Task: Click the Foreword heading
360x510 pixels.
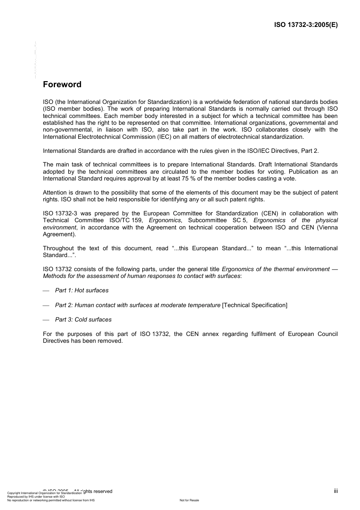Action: (x=62, y=85)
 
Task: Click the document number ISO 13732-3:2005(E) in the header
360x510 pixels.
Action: (x=306, y=25)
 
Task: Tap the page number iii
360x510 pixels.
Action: (x=336, y=491)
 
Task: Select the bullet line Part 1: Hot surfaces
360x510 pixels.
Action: (x=81, y=290)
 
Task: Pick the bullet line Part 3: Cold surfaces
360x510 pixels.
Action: (x=83, y=320)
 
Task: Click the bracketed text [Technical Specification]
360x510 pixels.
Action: (x=255, y=305)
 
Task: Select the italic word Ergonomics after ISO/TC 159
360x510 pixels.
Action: (x=165, y=220)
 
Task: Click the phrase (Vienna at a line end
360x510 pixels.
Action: (x=328, y=228)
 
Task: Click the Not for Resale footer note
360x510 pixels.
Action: (x=189, y=500)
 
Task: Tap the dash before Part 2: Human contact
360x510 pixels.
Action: (x=46, y=306)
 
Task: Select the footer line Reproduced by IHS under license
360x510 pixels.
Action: (x=36, y=497)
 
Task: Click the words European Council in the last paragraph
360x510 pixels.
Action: (x=313, y=334)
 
